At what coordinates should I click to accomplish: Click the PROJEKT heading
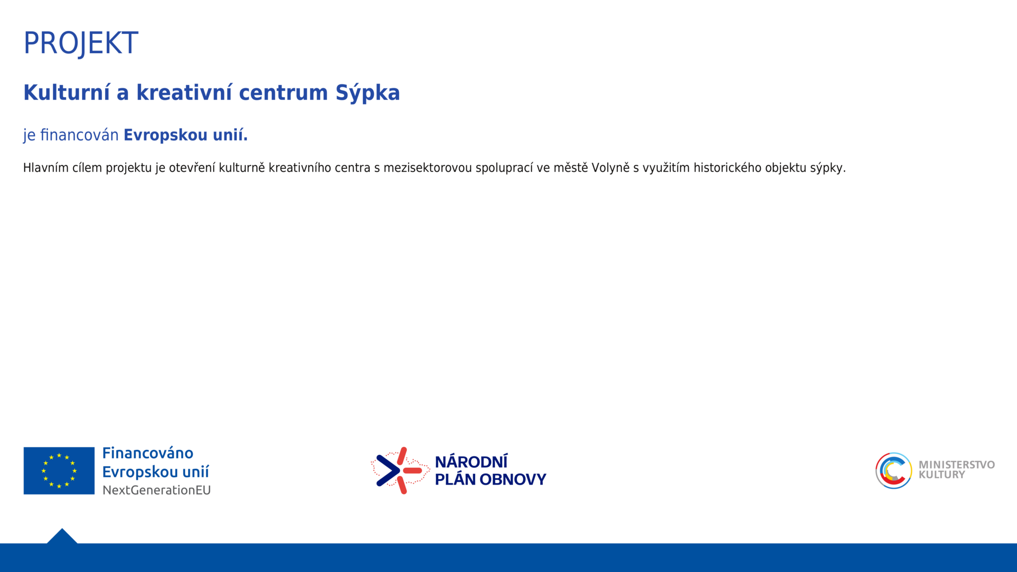[81, 43]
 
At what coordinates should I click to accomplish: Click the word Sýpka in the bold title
[367, 93]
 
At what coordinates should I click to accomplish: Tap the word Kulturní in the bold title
[67, 92]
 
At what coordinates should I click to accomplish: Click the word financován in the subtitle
[79, 135]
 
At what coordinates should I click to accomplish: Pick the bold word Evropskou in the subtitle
[166, 136]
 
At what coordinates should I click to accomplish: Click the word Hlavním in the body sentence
[46, 168]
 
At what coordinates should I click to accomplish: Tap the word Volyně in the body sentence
[610, 168]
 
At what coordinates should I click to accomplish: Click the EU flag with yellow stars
[59, 471]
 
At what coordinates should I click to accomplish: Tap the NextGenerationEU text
[156, 490]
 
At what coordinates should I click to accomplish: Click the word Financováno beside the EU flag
[147, 453]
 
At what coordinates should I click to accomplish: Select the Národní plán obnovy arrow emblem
[400, 470]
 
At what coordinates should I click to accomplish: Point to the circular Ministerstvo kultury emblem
[893, 471]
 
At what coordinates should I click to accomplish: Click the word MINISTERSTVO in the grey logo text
[956, 465]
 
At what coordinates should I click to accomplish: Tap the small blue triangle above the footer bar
[62, 537]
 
